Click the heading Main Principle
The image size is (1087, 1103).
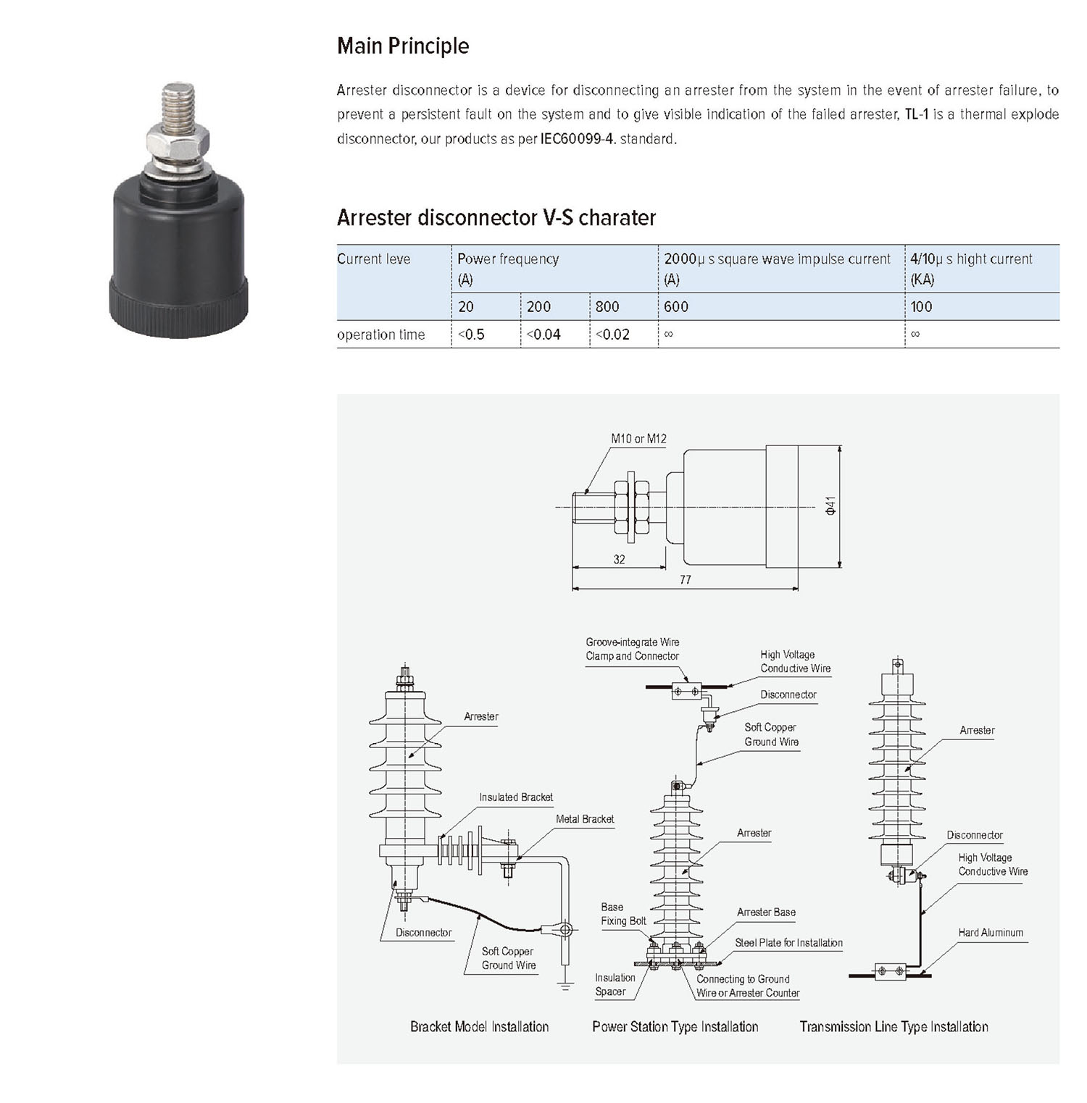click(x=403, y=46)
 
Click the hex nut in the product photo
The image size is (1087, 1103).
click(x=178, y=141)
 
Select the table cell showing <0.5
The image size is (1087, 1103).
click(x=472, y=335)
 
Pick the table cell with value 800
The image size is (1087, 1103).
click(x=607, y=306)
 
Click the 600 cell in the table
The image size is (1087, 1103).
click(x=676, y=306)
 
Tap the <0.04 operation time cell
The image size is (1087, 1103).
click(x=543, y=335)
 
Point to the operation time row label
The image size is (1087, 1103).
click(x=381, y=335)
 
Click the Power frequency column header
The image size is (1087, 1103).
click(x=508, y=259)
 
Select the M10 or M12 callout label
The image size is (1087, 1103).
click(x=638, y=439)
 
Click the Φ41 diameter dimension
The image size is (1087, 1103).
click(x=831, y=506)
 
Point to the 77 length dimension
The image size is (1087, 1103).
click(x=686, y=579)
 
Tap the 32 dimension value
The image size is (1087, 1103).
click(x=619, y=559)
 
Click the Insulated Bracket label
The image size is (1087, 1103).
click(x=516, y=797)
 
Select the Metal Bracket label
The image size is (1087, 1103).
click(x=585, y=819)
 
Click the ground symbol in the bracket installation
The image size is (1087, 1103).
click(x=566, y=985)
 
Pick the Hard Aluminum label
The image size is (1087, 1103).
click(x=991, y=933)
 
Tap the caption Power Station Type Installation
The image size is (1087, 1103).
click(x=675, y=1027)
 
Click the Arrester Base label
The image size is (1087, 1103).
click(x=766, y=913)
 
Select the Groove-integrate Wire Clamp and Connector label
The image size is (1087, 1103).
click(x=633, y=649)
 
